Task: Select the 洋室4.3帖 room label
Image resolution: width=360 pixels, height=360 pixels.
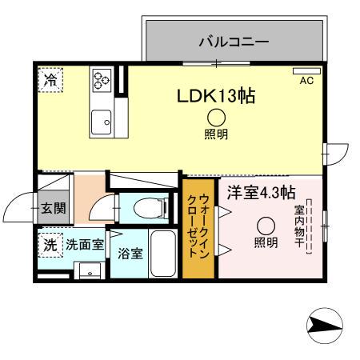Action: tap(261, 192)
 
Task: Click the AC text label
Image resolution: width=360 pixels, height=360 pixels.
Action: tap(306, 81)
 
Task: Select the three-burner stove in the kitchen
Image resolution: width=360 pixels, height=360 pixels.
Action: tap(102, 79)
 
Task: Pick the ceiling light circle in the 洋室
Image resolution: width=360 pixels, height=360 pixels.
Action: tap(266, 225)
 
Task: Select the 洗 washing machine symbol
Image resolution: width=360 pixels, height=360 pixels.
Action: tap(50, 245)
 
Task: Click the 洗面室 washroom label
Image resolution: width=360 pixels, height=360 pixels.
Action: tap(84, 245)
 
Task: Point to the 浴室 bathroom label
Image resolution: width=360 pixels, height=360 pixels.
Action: tap(130, 254)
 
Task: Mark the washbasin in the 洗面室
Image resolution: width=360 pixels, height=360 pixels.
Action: tap(90, 269)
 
